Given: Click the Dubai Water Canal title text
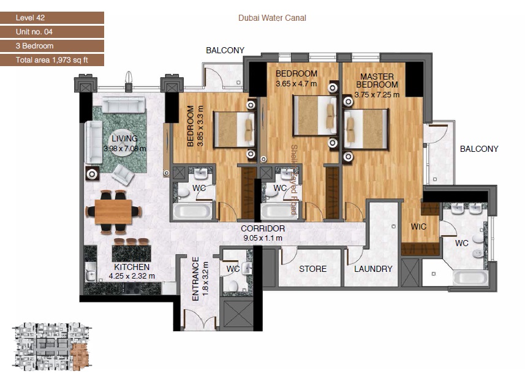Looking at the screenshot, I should [x=272, y=18].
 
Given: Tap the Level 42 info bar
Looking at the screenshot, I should [x=51, y=18].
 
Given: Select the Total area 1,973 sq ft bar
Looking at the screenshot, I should [x=51, y=60].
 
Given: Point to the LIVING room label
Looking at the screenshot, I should [x=124, y=139].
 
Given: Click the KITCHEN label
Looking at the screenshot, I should [x=132, y=267].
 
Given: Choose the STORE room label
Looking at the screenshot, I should [x=312, y=269].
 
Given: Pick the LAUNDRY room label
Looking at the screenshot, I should [x=373, y=269].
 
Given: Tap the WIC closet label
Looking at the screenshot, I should [x=418, y=227].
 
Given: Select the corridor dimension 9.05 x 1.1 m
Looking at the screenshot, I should [x=262, y=238].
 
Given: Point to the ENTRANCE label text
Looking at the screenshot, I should [x=195, y=279].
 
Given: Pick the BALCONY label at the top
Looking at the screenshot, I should [x=225, y=50].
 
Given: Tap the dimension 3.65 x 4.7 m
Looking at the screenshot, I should [x=296, y=83].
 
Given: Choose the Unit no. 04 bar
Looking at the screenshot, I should [x=51, y=32].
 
